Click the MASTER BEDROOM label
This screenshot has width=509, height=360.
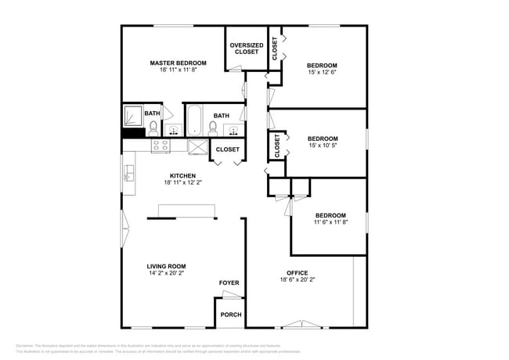[178, 63]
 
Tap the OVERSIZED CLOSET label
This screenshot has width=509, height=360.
[246, 49]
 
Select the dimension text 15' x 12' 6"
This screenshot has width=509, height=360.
[322, 74]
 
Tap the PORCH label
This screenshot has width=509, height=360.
[230, 315]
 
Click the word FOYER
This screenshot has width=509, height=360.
[229, 283]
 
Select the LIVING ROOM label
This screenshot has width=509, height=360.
[166, 267]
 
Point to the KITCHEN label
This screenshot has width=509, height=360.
[182, 175]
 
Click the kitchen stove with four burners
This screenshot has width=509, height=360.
[161, 145]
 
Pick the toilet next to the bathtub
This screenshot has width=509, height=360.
[215, 126]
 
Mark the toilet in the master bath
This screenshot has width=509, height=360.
[153, 127]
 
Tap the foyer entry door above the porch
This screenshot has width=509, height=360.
[230, 295]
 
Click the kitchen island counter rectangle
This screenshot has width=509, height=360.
[186, 209]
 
